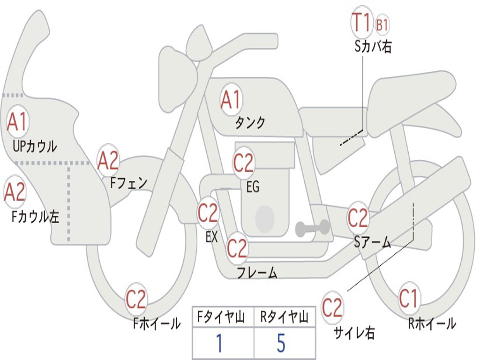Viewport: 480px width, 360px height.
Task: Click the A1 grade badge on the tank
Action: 231,100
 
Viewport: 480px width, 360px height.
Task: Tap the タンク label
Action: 250,123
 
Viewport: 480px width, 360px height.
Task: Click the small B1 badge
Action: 382,25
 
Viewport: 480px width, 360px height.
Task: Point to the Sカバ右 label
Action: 373,47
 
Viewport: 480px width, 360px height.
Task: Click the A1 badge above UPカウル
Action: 17,121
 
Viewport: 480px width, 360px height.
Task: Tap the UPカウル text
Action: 35,146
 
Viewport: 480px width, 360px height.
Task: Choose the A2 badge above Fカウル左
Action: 15,192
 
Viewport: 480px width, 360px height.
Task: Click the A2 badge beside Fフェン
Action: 108,161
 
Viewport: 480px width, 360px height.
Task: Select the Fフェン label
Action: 128,182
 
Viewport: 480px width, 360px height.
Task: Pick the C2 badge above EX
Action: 208,213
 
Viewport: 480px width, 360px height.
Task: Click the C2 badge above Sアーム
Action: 358,218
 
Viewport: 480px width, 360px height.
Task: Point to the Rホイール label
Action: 432,323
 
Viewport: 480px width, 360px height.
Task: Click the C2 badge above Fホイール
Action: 136,300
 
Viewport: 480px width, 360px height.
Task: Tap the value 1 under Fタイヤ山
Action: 219,343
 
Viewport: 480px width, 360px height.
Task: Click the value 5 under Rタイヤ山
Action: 281,343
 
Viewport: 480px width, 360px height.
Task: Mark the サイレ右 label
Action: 354,333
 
